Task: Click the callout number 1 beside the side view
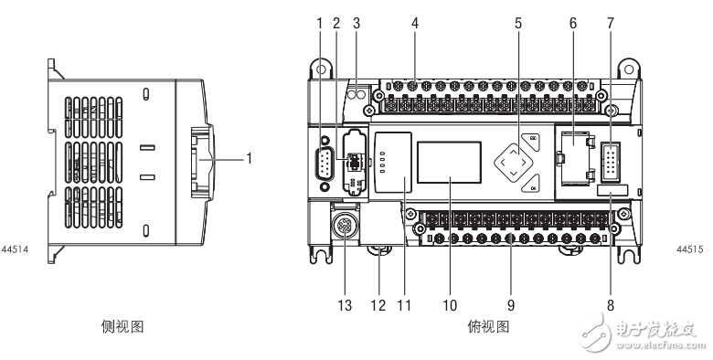(248, 157)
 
